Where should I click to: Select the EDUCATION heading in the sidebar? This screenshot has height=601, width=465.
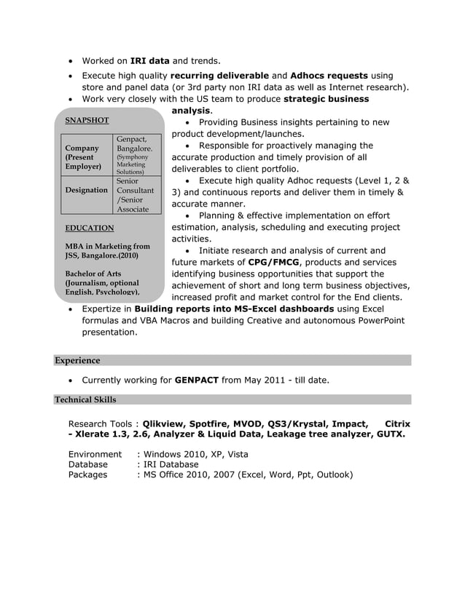[90, 228]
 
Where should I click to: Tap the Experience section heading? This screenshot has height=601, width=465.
[77, 360]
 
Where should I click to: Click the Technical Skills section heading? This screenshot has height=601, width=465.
[85, 399]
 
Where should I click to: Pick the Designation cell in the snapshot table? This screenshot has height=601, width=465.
[87, 190]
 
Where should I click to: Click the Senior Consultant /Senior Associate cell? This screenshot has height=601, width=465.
[135, 195]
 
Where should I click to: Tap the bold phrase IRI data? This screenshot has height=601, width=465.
[149, 61]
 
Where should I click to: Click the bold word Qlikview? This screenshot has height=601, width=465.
[166, 423]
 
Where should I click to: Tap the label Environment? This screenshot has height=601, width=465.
[95, 455]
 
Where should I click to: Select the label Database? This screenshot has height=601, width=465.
[88, 464]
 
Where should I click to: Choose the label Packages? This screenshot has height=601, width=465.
[87, 474]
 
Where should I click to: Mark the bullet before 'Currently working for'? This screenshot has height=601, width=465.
[70, 381]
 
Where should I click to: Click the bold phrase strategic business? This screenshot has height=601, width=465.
[326, 99]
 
